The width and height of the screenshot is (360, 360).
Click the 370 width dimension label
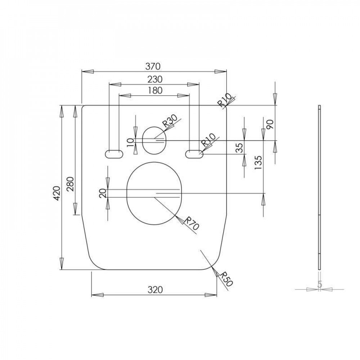(153, 66)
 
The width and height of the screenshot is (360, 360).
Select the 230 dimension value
(155, 79)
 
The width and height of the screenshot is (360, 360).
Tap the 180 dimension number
(155, 90)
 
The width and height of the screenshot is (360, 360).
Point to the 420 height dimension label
(57, 193)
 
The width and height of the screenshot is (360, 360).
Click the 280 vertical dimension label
(70, 184)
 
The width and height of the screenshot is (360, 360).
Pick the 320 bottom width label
(155, 290)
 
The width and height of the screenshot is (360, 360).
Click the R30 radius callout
(170, 121)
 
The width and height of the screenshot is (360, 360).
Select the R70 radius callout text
(191, 223)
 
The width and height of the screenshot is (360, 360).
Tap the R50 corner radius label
(226, 279)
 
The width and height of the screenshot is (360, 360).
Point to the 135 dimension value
(258, 163)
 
